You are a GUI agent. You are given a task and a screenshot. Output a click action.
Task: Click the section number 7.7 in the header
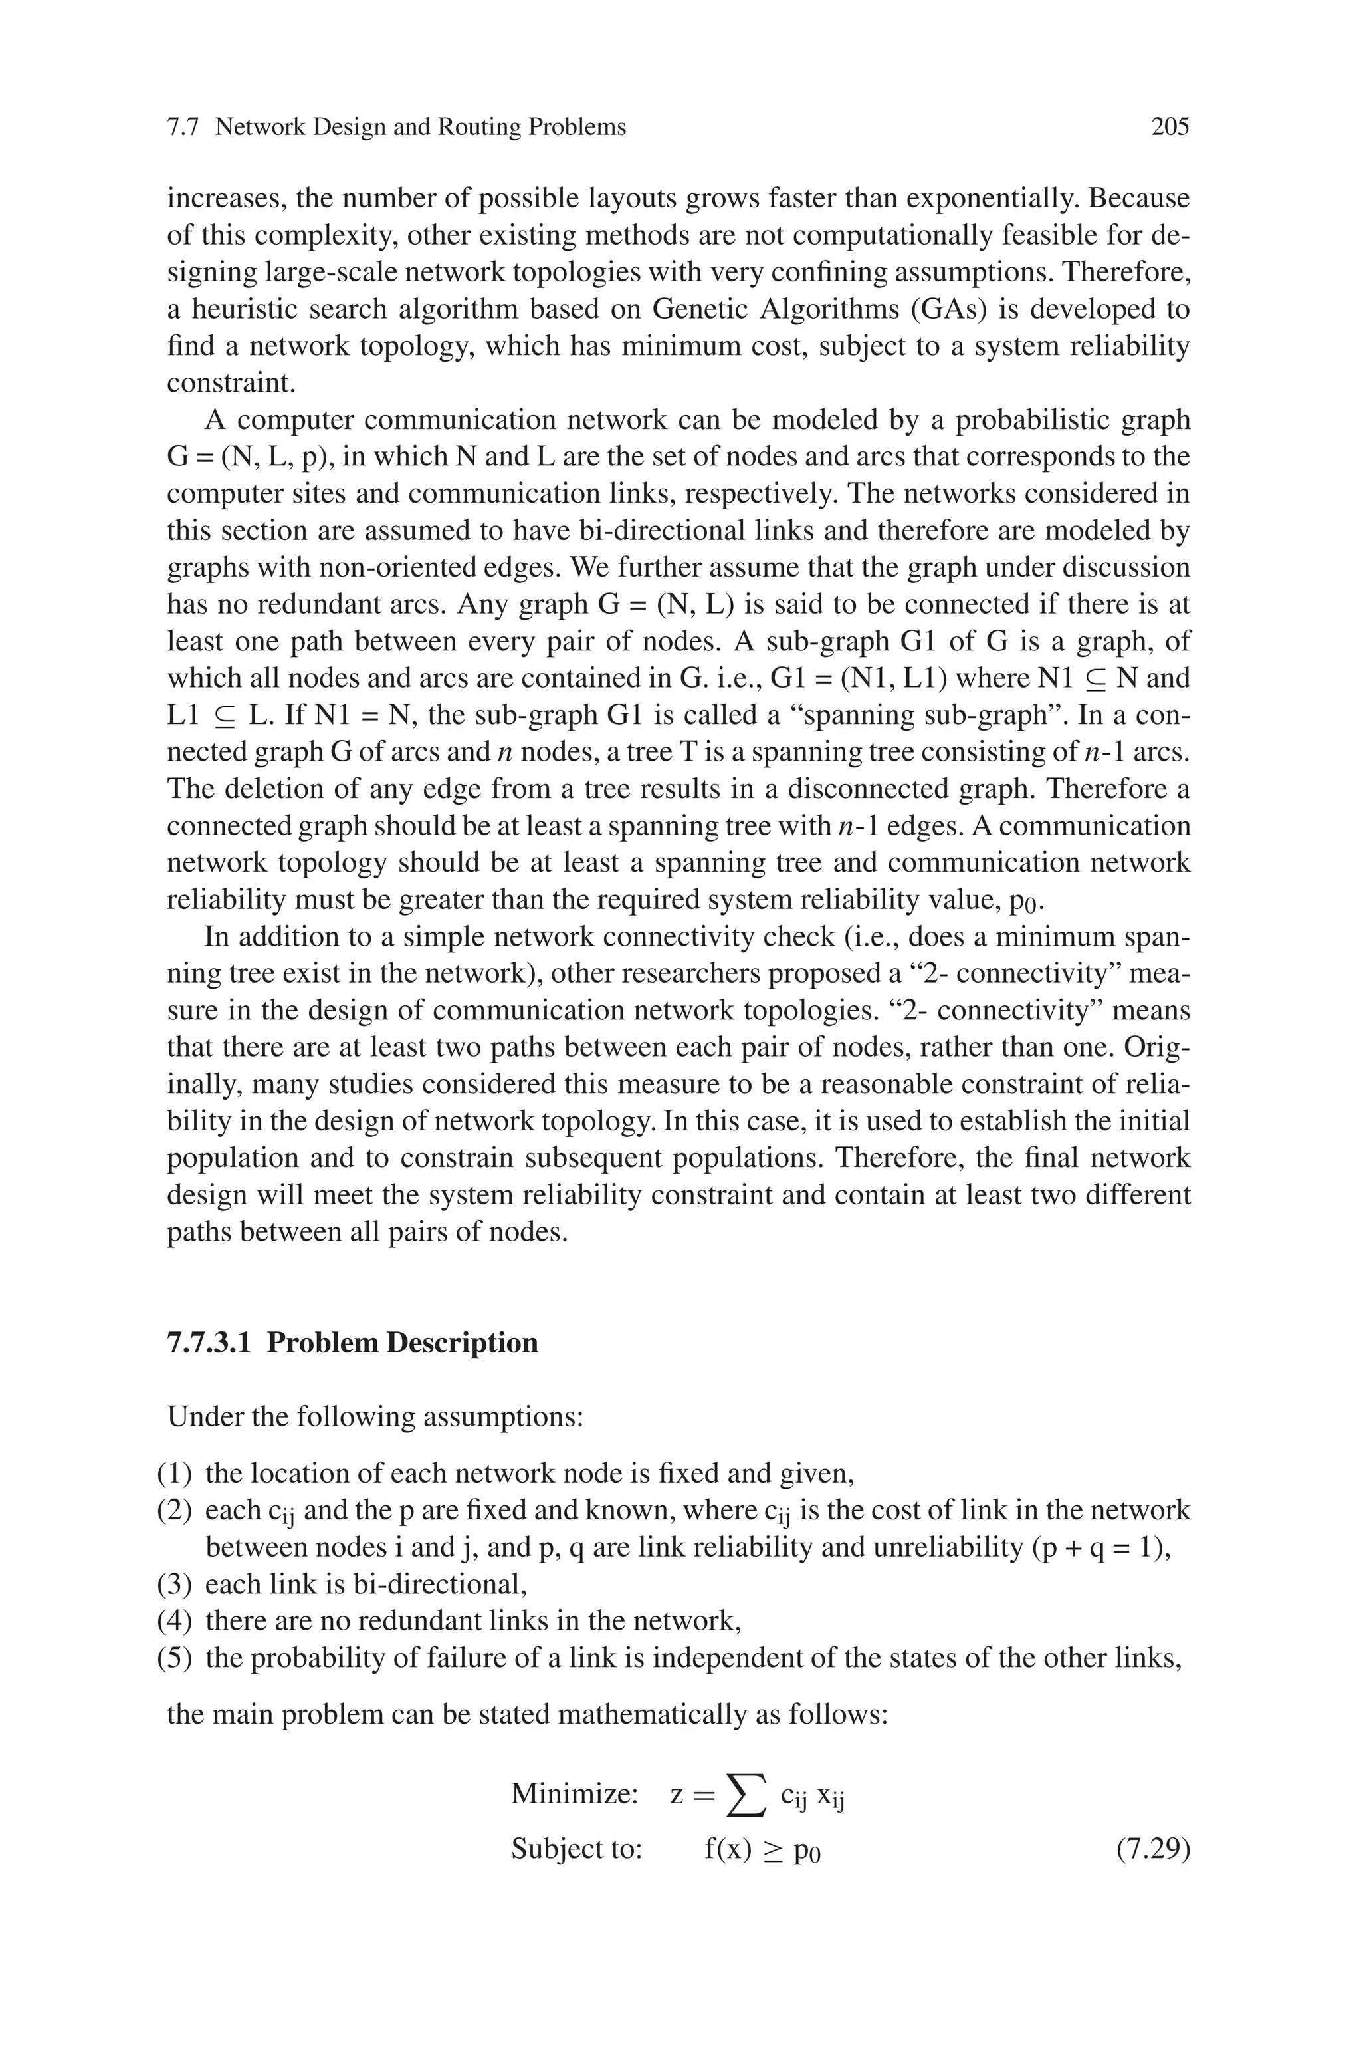click(183, 128)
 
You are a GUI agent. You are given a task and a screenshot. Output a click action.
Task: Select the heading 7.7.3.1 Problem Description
click(352, 1343)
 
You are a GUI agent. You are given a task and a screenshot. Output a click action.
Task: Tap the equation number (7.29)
click(1152, 1849)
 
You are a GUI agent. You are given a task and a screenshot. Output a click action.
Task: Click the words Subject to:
click(576, 1849)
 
